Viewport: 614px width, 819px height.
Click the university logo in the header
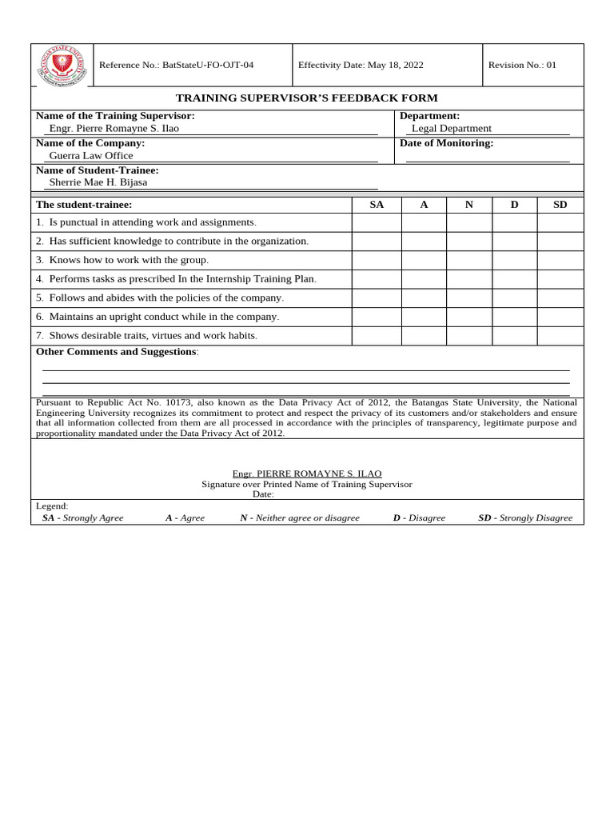(62, 65)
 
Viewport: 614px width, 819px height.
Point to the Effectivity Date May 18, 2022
(361, 65)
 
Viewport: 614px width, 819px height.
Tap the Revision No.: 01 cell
(522, 65)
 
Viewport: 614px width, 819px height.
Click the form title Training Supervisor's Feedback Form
(306, 98)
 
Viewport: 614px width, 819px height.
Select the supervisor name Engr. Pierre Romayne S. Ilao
(114, 128)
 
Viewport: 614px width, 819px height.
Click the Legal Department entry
(451, 128)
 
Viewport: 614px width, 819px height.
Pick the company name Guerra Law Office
(91, 155)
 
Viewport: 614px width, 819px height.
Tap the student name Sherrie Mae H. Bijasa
(98, 182)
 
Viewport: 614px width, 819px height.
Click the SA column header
(377, 205)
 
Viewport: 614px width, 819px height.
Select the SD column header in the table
(560, 205)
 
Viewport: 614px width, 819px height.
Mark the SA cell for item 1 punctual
(377, 222)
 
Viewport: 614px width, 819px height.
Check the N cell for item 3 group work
(468, 260)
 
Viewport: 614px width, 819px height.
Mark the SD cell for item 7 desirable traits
(560, 336)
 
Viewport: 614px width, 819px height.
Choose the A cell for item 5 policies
(424, 298)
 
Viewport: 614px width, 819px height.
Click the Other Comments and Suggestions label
(117, 352)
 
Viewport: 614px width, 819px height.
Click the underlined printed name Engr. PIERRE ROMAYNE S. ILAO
(307, 473)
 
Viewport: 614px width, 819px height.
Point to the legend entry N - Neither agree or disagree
(300, 517)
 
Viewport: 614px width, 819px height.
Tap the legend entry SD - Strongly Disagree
(525, 517)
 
